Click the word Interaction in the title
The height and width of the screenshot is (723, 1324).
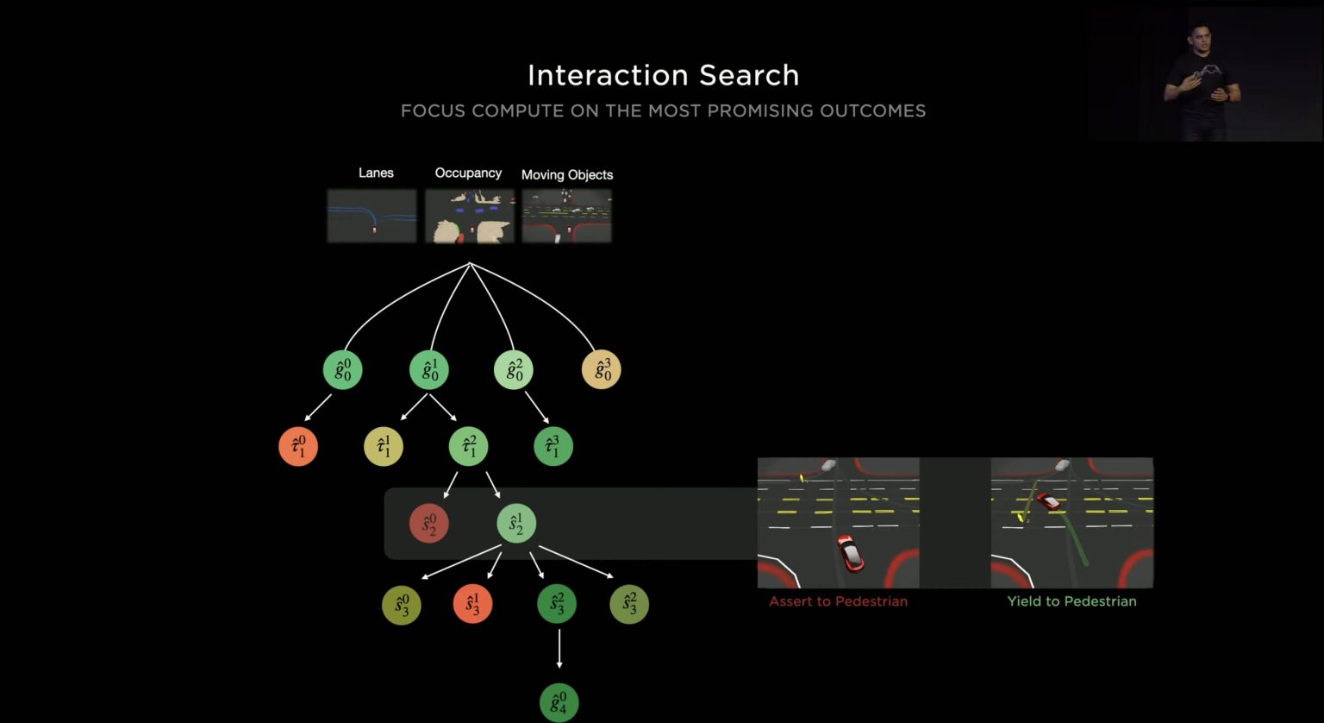(609, 76)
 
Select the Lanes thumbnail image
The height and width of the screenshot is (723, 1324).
(372, 216)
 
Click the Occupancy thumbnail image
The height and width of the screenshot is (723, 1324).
(470, 216)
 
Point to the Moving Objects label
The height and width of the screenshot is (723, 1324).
(567, 174)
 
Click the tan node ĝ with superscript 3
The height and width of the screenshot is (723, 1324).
(601, 370)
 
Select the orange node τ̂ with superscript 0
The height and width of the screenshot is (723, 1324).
(298, 447)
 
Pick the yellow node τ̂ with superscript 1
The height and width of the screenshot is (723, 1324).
(384, 447)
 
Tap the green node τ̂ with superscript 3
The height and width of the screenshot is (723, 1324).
(553, 447)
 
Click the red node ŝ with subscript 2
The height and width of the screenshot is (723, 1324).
(429, 524)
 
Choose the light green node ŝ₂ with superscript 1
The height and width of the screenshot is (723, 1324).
(516, 524)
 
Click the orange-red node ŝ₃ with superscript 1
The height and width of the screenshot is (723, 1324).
(472, 604)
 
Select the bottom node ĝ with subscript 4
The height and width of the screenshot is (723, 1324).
(559, 703)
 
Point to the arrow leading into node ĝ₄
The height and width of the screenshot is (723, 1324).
(559, 649)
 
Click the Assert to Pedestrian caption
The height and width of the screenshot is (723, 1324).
(838, 601)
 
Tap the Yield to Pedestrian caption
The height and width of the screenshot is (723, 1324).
(1071, 601)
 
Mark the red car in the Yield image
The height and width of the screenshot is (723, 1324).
(1048, 501)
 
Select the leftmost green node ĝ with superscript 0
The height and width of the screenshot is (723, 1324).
(343, 370)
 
